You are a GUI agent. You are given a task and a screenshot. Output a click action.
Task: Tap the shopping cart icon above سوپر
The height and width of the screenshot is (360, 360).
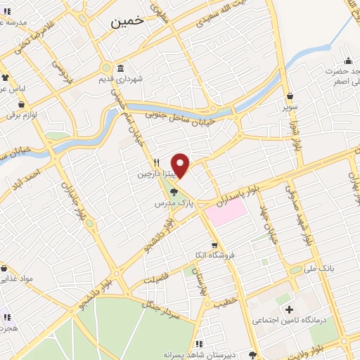[x=290, y=96]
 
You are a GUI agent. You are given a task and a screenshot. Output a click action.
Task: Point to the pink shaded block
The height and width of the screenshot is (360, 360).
[x=226, y=211]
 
